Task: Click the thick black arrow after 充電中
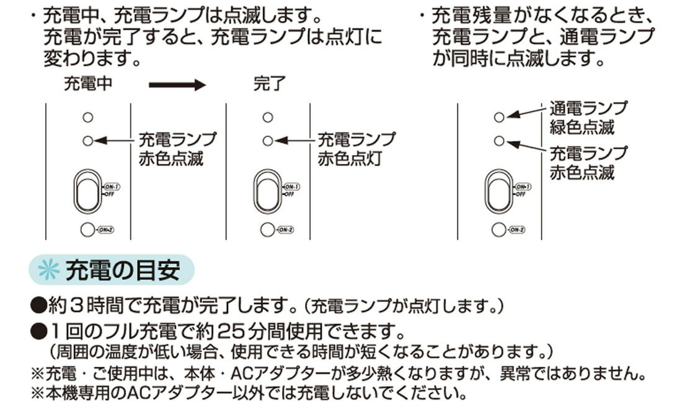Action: coord(177,85)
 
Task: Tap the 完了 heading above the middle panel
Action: coord(269,84)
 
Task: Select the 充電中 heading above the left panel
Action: coord(88,84)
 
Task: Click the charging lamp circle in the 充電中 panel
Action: coord(88,141)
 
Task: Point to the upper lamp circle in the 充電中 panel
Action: coord(88,117)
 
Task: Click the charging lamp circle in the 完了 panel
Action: coord(268,141)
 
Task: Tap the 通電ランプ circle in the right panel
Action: coord(499,117)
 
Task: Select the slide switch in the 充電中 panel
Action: coord(88,191)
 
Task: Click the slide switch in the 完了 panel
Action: coord(268,191)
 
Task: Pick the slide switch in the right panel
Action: coord(499,191)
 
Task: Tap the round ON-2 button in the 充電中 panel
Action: coord(88,230)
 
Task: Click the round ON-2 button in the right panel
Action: coord(499,230)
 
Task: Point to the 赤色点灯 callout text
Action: coord(350,159)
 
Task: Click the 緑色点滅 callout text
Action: coord(582,128)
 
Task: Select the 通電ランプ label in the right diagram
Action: coord(588,108)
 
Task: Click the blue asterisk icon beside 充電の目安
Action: coord(49,270)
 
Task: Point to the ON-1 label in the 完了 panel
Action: coord(291,187)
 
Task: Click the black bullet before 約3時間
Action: coord(38,305)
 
